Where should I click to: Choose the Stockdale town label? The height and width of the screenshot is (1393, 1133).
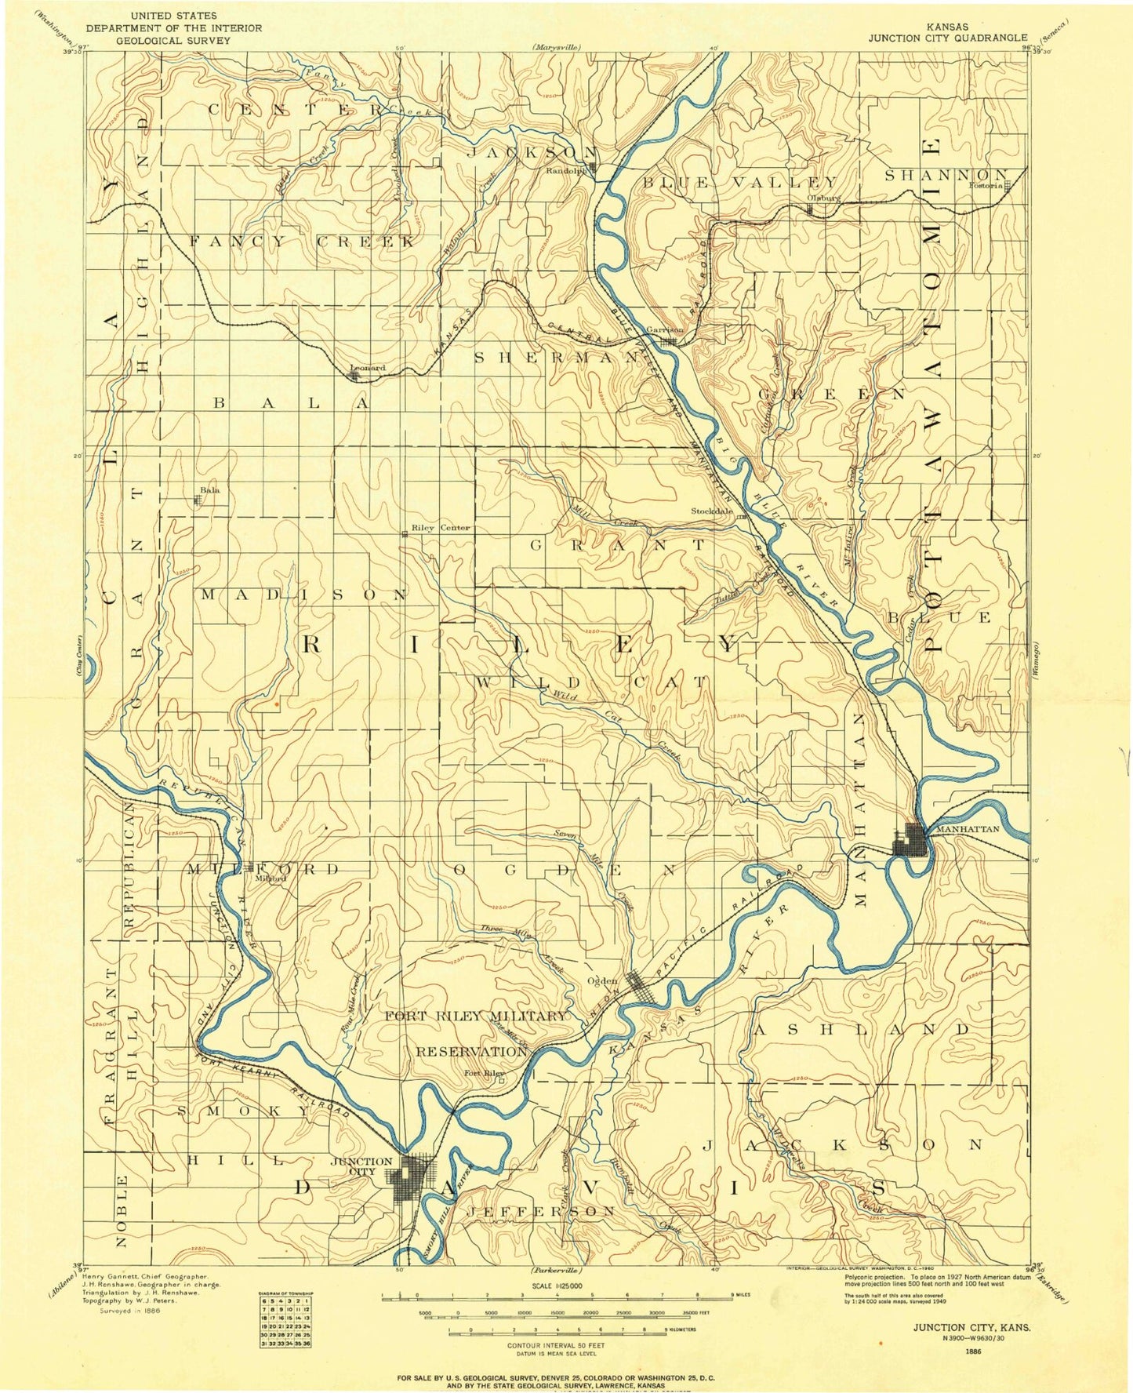(x=711, y=511)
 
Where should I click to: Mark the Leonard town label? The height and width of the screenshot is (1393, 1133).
(x=367, y=368)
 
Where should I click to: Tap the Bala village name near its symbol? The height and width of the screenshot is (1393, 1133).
(x=209, y=490)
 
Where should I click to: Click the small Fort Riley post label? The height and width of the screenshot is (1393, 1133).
(x=483, y=1074)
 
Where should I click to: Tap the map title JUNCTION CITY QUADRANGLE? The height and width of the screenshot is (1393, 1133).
(x=946, y=37)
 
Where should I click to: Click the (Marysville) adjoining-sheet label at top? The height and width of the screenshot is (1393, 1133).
(x=556, y=48)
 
